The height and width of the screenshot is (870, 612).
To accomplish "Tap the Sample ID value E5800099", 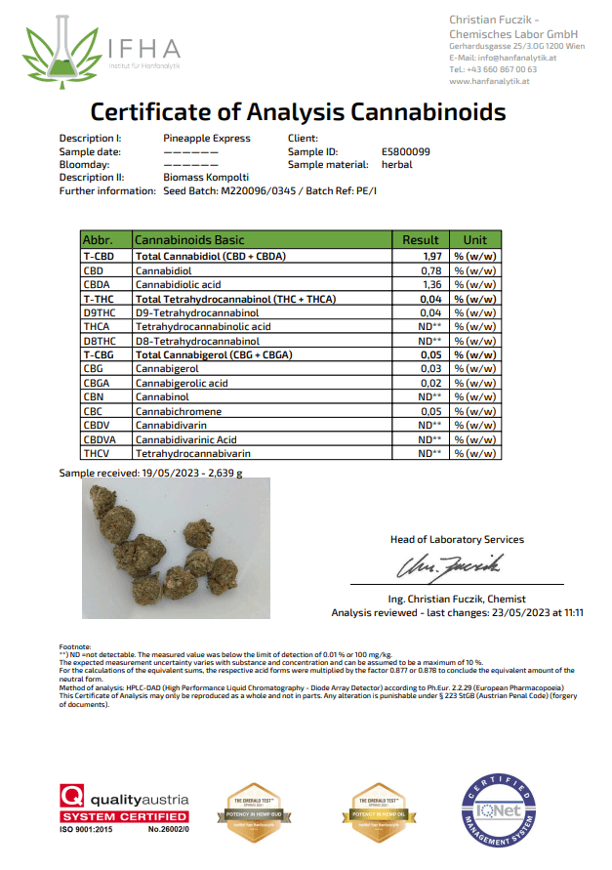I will click(x=406, y=151).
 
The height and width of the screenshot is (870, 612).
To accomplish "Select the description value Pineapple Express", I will click(x=207, y=139).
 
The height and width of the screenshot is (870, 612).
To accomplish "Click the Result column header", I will click(x=421, y=239).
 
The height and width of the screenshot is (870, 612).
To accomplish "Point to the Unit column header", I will click(x=474, y=239).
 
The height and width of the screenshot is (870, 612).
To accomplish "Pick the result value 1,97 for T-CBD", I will click(x=432, y=255).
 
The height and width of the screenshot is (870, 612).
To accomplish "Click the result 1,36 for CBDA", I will click(x=432, y=284).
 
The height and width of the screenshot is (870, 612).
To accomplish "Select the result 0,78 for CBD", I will click(x=432, y=269).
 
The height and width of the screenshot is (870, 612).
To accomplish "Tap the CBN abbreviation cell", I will click(x=95, y=397).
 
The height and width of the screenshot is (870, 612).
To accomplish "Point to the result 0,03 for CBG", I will click(x=432, y=369).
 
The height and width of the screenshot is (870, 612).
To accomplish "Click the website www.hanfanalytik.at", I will click(x=488, y=82).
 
